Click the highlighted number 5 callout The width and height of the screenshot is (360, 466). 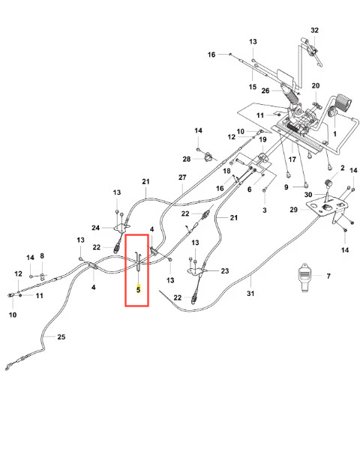[x=138, y=289]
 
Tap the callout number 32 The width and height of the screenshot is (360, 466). [x=314, y=30]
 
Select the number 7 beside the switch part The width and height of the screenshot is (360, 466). [x=328, y=276]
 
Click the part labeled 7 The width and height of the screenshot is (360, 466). [x=304, y=277]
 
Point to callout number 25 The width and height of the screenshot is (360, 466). [x=61, y=336]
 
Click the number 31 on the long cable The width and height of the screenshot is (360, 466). [x=250, y=294]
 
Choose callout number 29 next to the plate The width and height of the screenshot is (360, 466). [x=294, y=210]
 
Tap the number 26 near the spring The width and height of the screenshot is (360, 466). [x=265, y=91]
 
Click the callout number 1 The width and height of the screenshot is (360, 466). [x=334, y=134]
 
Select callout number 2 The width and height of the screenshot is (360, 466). [x=343, y=169]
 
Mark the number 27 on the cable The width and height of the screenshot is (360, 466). [x=182, y=178]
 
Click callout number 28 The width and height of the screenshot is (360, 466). [x=187, y=159]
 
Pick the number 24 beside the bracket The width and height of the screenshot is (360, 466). [x=95, y=228]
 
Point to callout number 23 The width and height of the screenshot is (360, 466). [x=225, y=270]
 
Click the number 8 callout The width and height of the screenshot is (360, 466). [x=42, y=256]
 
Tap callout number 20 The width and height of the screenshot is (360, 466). [x=316, y=85]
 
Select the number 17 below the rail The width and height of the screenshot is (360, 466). [x=292, y=160]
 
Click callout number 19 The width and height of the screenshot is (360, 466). [x=262, y=139]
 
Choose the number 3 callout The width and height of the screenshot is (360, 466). [x=265, y=210]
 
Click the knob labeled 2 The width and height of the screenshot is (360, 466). [x=328, y=184]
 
